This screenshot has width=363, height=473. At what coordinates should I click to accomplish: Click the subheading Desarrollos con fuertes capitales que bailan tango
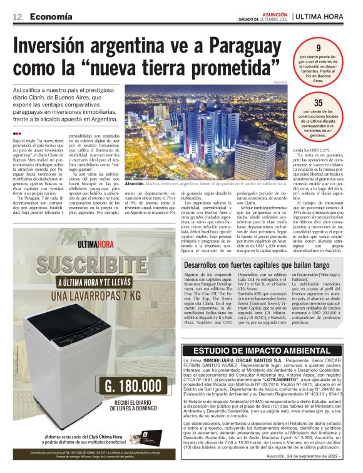(258, 265)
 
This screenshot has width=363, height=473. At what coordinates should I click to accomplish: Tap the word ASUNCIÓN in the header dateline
(274, 13)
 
